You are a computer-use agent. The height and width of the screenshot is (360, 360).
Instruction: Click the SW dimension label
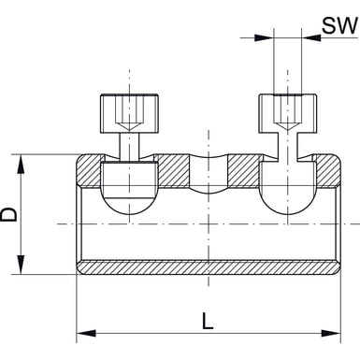[x=339, y=25]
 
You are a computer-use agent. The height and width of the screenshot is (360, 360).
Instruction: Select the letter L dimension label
[x=208, y=322]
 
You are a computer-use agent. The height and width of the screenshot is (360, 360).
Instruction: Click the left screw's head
[x=129, y=114]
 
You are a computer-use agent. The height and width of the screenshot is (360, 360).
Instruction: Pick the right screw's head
[x=288, y=114]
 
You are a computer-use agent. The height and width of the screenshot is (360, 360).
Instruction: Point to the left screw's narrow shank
[x=129, y=146]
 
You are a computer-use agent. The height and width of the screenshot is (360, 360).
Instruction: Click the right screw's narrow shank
[x=287, y=146]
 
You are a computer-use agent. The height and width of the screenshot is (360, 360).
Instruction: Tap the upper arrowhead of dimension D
[x=21, y=165]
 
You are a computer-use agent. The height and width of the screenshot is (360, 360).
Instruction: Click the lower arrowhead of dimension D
[x=21, y=265]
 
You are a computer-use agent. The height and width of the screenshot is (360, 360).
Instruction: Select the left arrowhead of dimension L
[x=86, y=333]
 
